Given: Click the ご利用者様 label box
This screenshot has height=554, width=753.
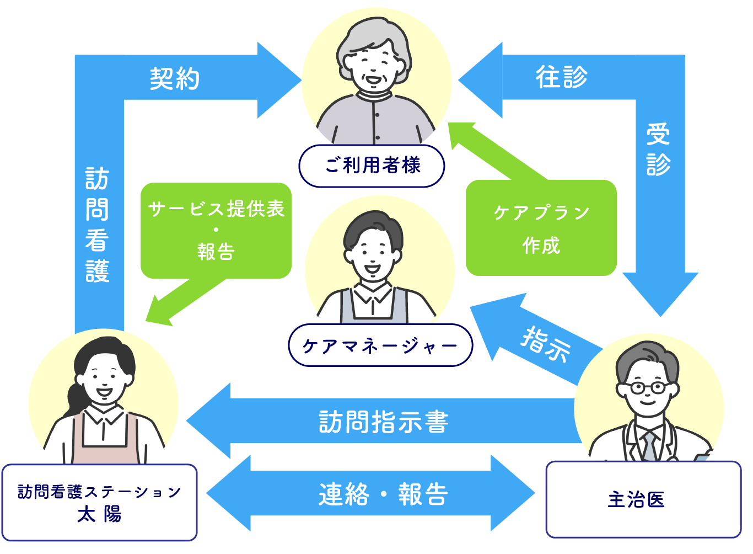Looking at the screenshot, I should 372,166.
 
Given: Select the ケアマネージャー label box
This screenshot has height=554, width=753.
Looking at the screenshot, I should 380,345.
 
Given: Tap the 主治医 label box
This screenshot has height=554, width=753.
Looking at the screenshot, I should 643,499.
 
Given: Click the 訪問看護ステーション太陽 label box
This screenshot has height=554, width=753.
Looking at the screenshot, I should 99,502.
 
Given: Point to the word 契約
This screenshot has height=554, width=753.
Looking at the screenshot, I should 174,79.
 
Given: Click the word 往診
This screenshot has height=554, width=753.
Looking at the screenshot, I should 561,77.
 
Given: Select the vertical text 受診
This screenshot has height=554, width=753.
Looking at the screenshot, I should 658,150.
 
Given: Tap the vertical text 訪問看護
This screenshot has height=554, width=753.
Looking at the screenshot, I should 98,225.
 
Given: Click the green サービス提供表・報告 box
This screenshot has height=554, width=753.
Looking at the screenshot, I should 216,231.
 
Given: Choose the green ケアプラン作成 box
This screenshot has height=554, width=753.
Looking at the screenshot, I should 541,228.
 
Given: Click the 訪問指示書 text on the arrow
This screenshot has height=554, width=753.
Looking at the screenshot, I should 384,422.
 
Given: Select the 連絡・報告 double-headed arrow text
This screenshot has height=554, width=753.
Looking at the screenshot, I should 383,494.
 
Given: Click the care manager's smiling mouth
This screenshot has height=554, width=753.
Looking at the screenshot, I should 372,269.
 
